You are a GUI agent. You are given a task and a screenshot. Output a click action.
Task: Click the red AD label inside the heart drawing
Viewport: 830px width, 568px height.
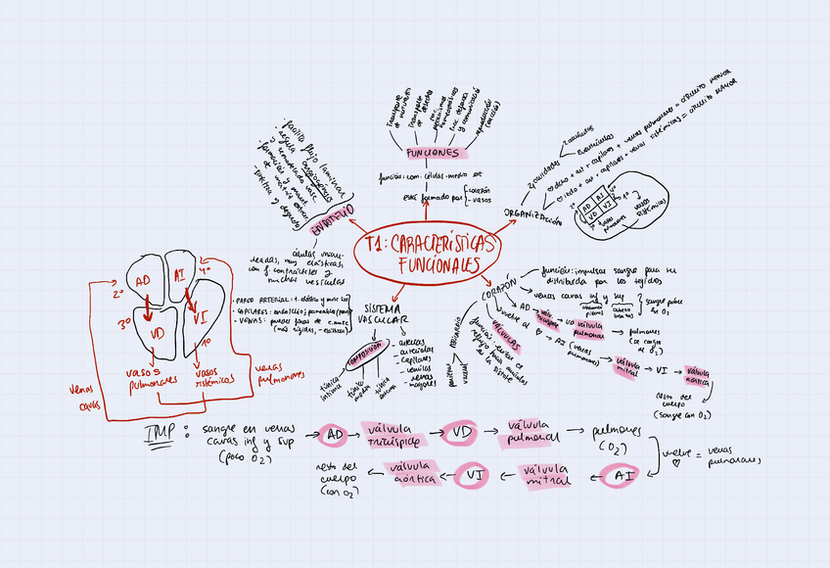point(143,280)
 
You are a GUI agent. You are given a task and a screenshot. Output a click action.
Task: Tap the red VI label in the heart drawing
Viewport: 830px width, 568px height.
point(200,317)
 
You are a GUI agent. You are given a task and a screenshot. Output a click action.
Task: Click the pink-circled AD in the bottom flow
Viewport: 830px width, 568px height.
point(333,434)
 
